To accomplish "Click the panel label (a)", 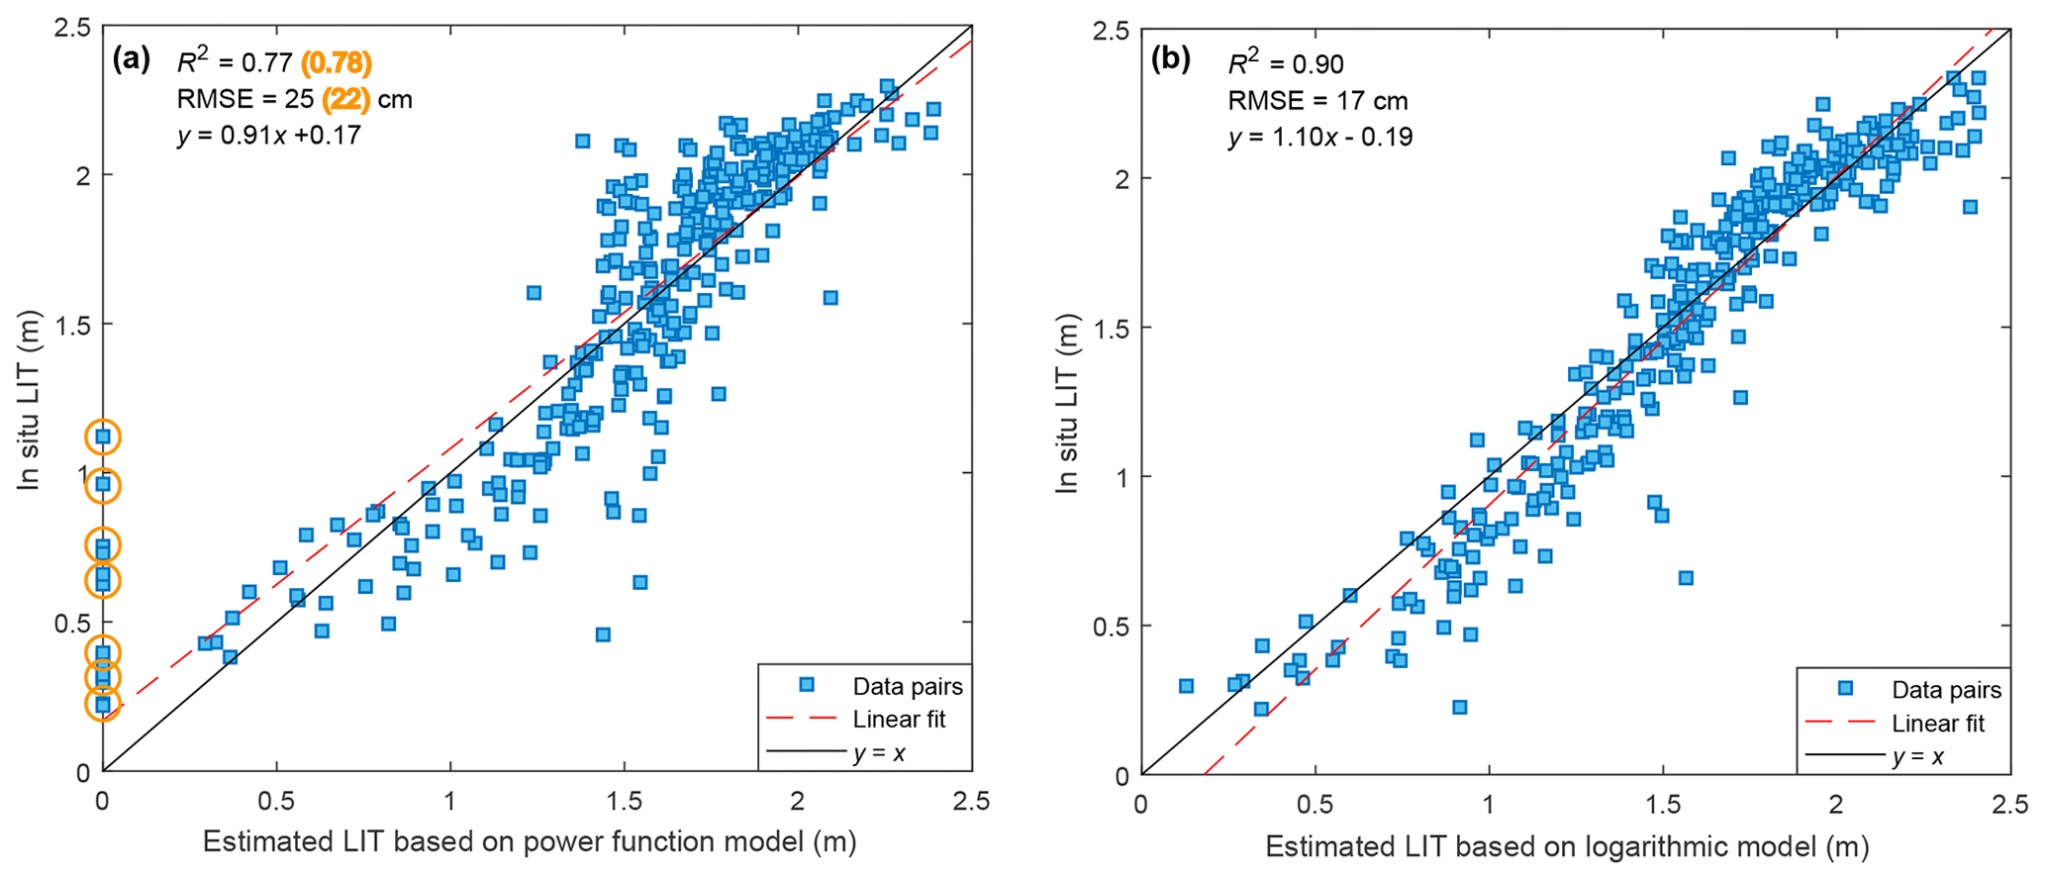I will coord(131,60).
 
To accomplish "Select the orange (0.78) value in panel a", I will coord(337,63).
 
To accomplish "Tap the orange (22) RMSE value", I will coord(345,99).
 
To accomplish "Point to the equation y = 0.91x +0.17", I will coord(269,135).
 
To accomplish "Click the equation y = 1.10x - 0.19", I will coord(1320,136).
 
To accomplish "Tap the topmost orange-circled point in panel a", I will coord(103,437).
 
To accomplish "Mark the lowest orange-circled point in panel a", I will coord(103,705).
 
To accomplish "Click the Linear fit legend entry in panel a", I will coord(899,720).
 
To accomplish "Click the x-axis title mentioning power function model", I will coord(530,841).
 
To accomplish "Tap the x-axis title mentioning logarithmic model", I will coord(1567,846).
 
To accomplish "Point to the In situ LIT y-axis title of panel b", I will coord(1067,403).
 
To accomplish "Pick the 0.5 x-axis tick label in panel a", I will coord(276,801).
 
